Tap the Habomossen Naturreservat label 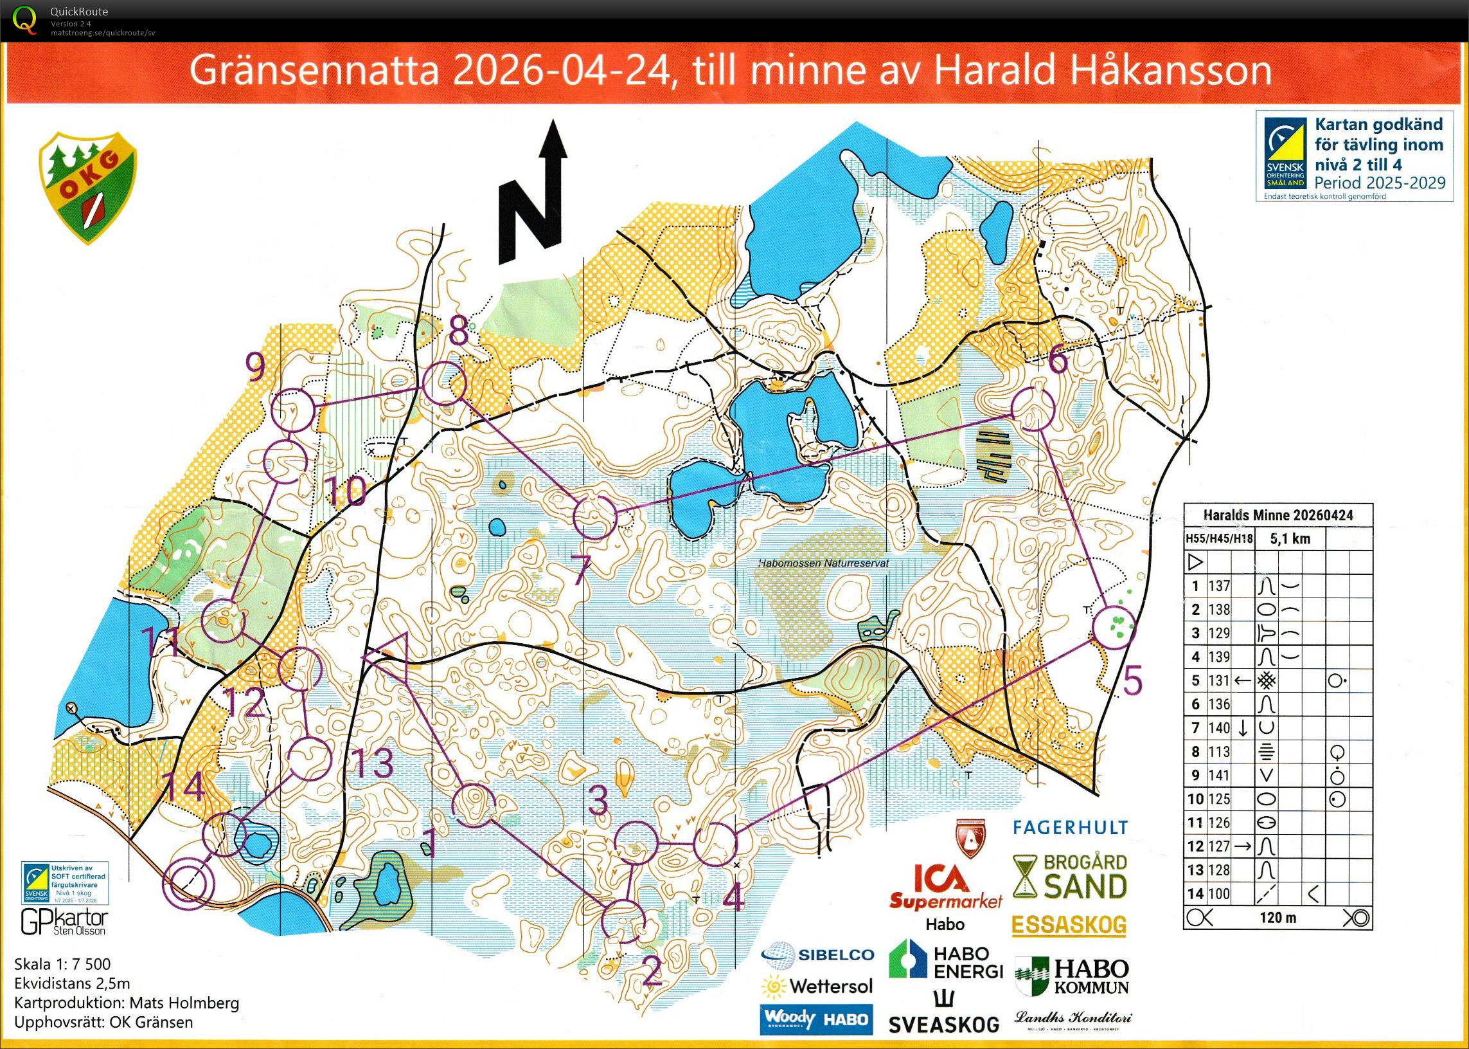(823, 563)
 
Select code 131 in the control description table (1218, 680)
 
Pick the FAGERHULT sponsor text (1070, 828)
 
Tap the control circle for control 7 (594, 517)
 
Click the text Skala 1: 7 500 (62, 964)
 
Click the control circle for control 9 (294, 410)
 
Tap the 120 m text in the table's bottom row (1278, 917)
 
